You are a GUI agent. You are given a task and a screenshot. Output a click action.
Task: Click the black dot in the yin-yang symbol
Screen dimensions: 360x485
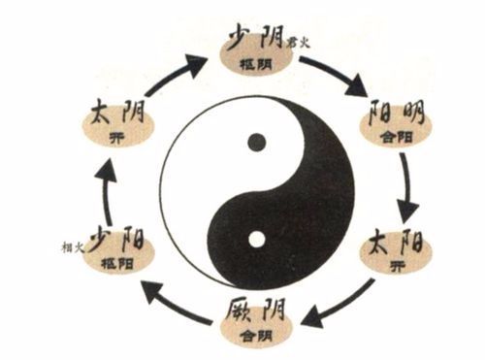click(256, 143)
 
